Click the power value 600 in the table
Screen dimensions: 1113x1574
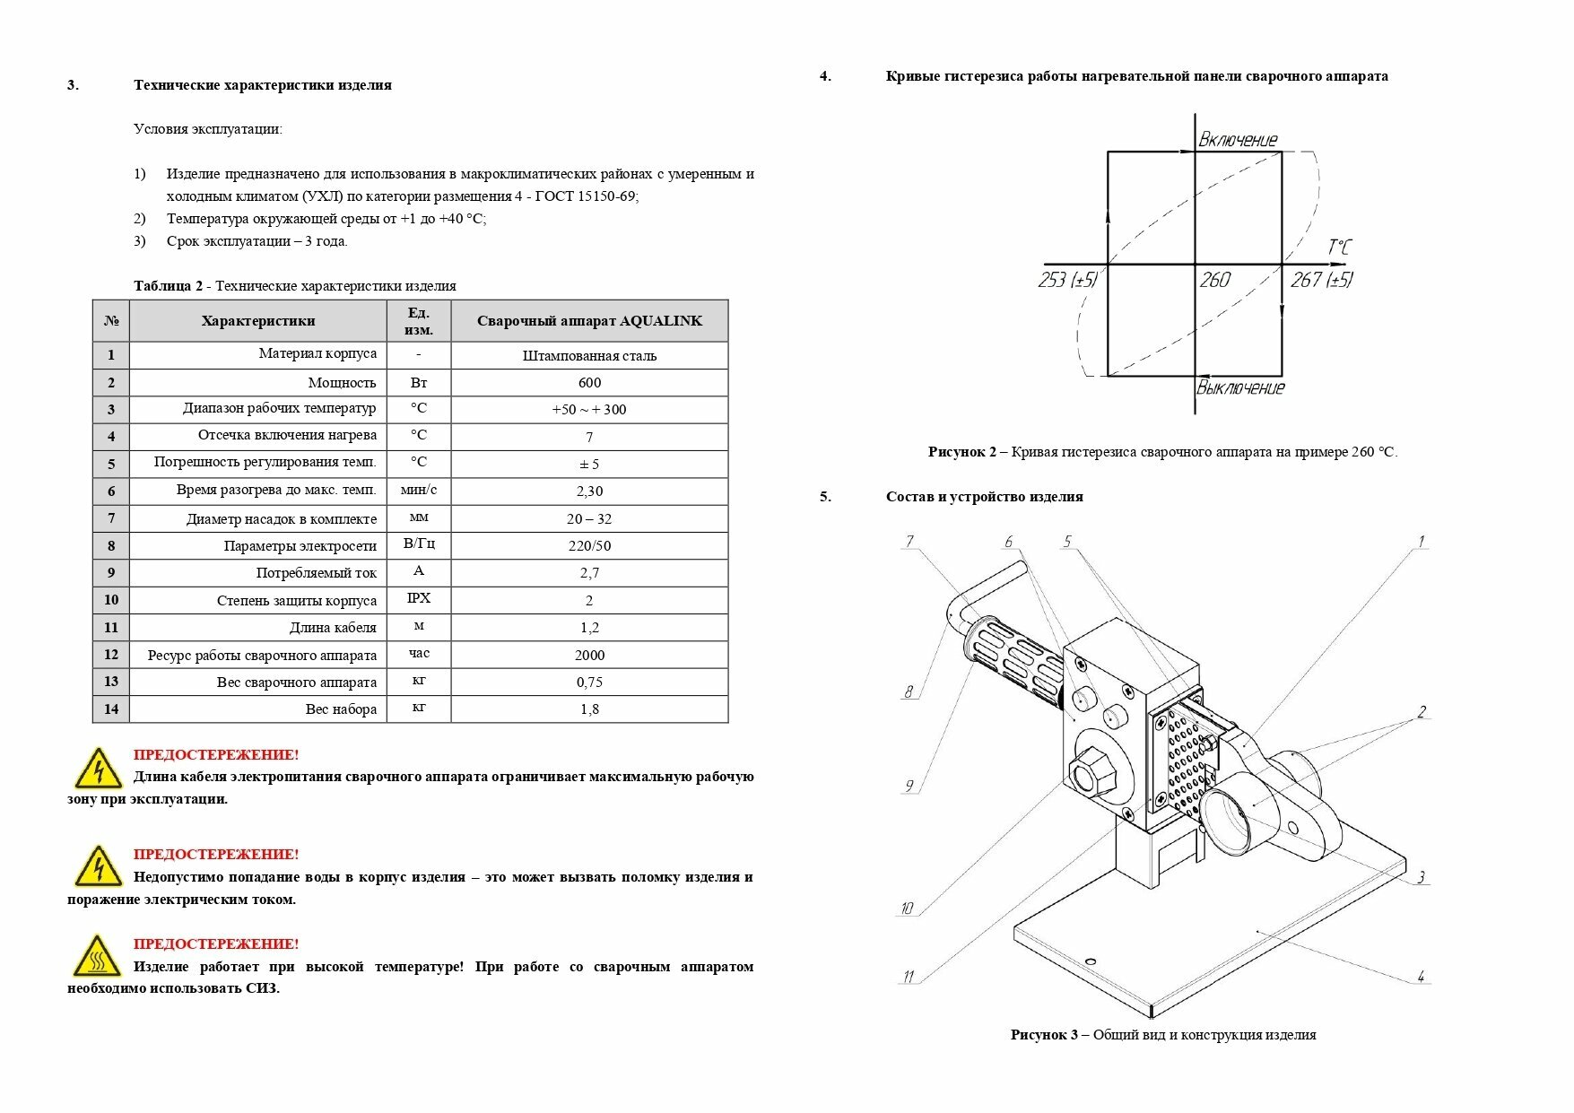(589, 383)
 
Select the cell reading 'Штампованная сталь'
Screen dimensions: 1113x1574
(589, 356)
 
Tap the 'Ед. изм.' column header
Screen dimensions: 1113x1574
(419, 321)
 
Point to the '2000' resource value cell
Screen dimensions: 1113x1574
(589, 656)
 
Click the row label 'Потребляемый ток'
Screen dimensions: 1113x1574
(317, 573)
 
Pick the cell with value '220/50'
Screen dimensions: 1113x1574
(589, 546)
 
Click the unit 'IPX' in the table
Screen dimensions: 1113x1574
(419, 598)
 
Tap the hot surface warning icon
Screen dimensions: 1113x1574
(97, 956)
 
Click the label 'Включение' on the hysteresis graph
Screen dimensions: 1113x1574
(1238, 140)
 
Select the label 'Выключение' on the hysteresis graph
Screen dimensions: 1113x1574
(1240, 387)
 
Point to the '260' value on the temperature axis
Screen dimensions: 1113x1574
(1214, 281)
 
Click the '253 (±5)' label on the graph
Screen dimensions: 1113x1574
(1067, 281)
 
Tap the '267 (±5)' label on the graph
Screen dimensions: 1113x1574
(1321, 281)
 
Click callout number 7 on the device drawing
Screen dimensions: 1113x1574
(909, 541)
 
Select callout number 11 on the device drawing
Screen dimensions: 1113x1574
(908, 977)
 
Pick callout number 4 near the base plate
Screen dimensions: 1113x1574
(1421, 976)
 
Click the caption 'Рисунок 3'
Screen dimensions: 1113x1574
(1044, 1035)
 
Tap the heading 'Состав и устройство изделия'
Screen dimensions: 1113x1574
(984, 497)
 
